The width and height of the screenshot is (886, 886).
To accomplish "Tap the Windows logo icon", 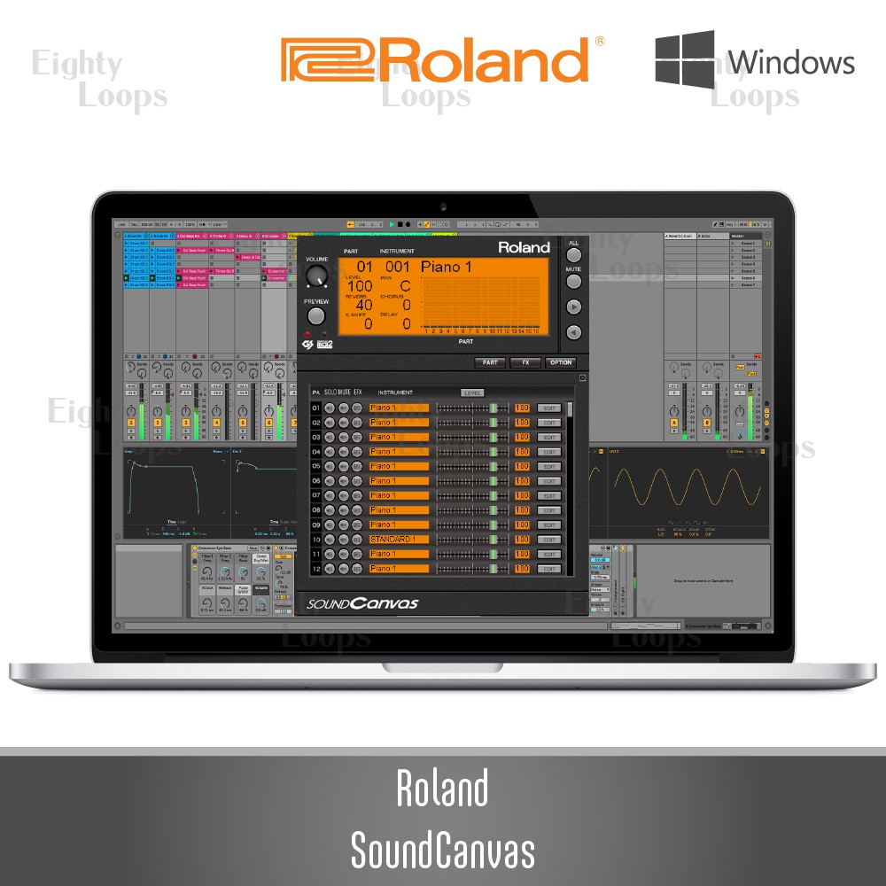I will (685, 59).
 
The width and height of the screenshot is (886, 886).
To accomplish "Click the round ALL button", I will (574, 255).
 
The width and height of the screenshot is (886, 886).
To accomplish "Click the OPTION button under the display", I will (560, 362).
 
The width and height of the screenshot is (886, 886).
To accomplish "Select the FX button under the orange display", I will (525, 362).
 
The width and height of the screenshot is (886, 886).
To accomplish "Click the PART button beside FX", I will (490, 362).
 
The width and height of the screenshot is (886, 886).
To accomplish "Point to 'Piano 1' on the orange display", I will (446, 267).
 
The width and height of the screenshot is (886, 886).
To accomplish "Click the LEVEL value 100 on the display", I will (360, 286).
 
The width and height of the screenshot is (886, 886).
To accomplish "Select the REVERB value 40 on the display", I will (363, 306).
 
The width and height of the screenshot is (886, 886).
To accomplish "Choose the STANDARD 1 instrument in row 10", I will (399, 540).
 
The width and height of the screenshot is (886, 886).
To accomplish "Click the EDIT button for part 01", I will (549, 408).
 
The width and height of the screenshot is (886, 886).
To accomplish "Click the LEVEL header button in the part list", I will (472, 392).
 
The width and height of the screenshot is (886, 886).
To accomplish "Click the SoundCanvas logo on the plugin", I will (363, 604).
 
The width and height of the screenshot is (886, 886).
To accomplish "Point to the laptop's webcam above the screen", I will (443, 207).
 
